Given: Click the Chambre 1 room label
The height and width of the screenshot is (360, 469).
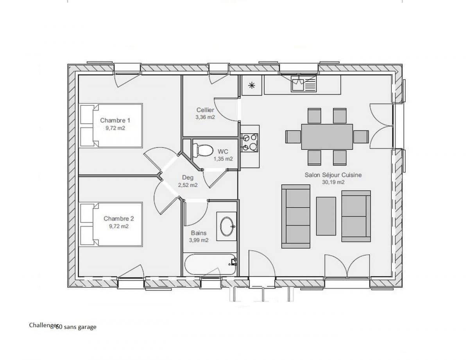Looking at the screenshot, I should [115, 120].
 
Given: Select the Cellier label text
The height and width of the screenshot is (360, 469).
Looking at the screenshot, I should [205, 110].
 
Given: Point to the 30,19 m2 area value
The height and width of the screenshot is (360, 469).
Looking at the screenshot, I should [333, 182].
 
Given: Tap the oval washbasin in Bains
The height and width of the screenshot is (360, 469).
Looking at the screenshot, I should [227, 226].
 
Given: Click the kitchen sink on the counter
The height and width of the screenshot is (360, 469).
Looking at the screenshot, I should [304, 84].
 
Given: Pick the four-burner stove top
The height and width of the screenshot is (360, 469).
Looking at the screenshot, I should [249, 142].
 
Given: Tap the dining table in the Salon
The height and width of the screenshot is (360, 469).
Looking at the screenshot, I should [327, 137].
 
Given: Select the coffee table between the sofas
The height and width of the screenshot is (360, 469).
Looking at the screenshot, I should [326, 216].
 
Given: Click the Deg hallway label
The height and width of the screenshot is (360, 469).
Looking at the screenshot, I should [188, 178].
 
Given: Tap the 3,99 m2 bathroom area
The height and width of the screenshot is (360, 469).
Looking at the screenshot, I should [199, 240].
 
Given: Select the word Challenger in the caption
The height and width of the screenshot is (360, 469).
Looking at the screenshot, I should [43, 325].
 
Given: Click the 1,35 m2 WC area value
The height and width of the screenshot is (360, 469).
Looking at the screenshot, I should [223, 159].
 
